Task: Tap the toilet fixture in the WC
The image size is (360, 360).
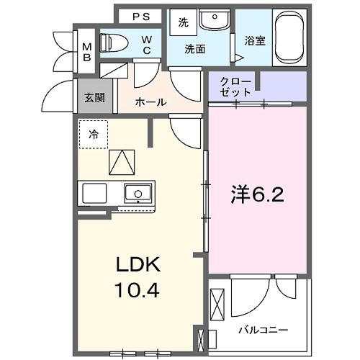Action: tap(114, 42)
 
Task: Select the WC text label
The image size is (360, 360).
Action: tap(146, 45)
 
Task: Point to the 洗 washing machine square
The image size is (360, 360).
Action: tap(183, 22)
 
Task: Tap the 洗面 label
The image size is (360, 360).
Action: tap(194, 49)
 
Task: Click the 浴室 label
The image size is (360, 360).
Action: tap(255, 41)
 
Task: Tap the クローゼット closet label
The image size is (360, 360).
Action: tap(236, 86)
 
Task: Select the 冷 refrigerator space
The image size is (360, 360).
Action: tap(94, 135)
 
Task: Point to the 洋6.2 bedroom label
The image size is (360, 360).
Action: tap(257, 195)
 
